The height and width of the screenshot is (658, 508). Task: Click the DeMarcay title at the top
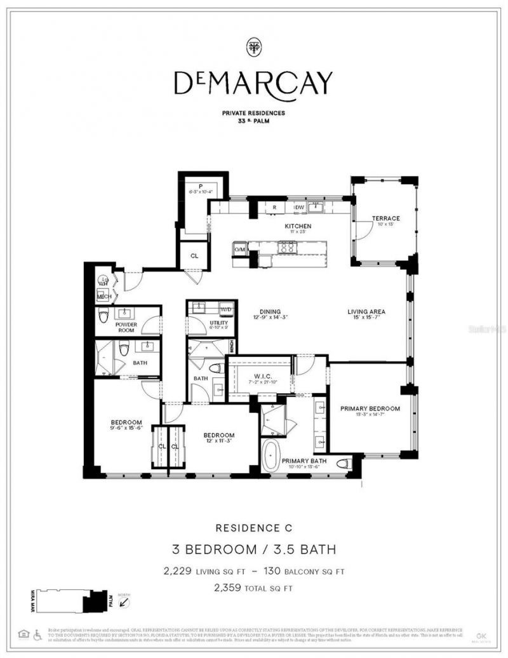pos(253,82)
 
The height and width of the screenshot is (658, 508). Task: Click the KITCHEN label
pos(297,226)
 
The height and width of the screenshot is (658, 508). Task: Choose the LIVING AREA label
pos(366,311)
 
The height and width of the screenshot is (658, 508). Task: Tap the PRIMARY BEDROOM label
pos(370,408)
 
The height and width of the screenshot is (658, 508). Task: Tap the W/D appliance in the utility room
pos(226,309)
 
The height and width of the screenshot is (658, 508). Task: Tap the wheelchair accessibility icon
pos(36,633)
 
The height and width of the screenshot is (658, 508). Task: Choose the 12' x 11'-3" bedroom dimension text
pos(220,443)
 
